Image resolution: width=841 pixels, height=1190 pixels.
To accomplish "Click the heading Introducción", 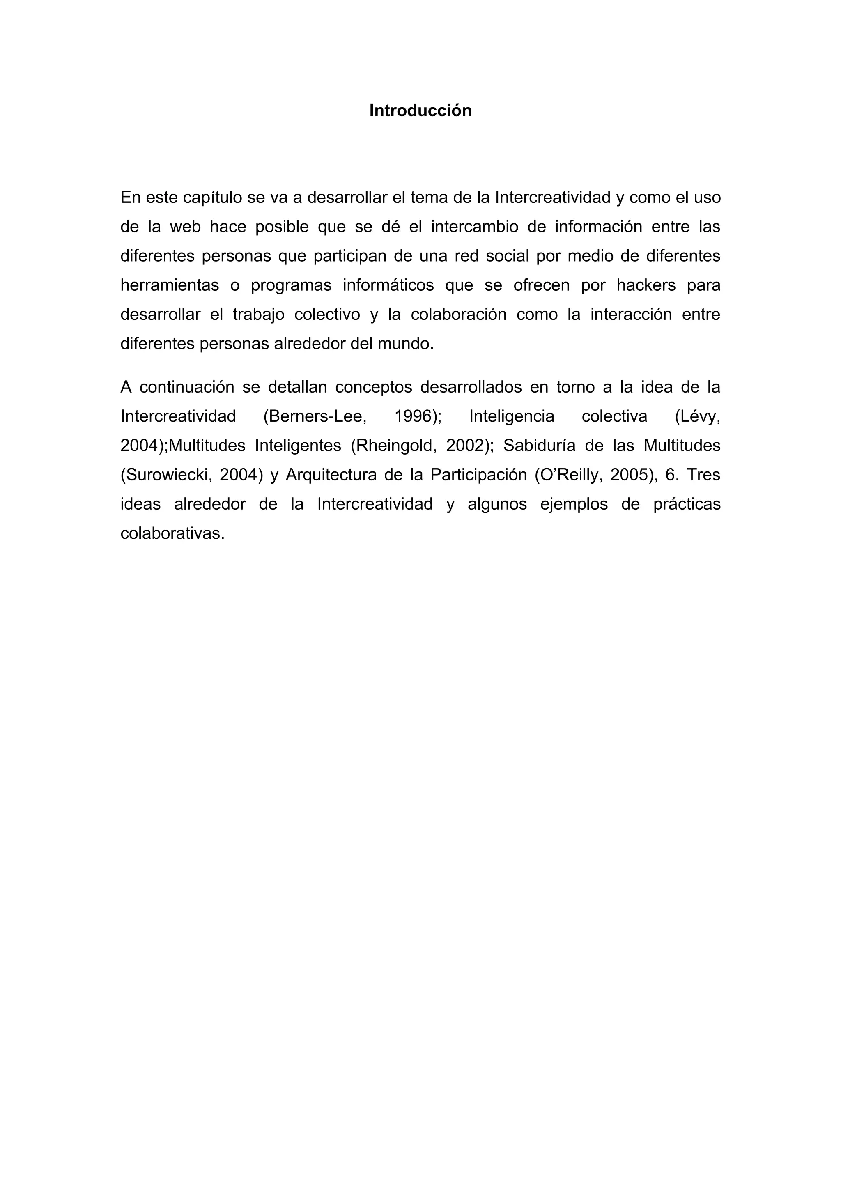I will [x=420, y=110].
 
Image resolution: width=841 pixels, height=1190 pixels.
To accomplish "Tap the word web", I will [x=185, y=227].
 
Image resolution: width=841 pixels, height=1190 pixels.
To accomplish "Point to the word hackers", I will [x=646, y=285].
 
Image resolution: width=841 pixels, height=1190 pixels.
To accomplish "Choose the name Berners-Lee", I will [x=315, y=416].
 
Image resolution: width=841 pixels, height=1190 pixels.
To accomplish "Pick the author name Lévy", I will [x=697, y=416].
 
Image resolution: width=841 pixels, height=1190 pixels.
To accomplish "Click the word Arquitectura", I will [x=331, y=475].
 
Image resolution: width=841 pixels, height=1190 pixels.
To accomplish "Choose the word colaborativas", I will [x=172, y=533].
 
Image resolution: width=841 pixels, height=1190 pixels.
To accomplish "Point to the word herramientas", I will [x=170, y=285].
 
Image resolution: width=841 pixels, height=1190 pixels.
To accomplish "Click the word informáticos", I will [x=388, y=285].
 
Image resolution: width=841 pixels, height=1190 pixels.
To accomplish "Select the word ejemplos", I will [x=574, y=504].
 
